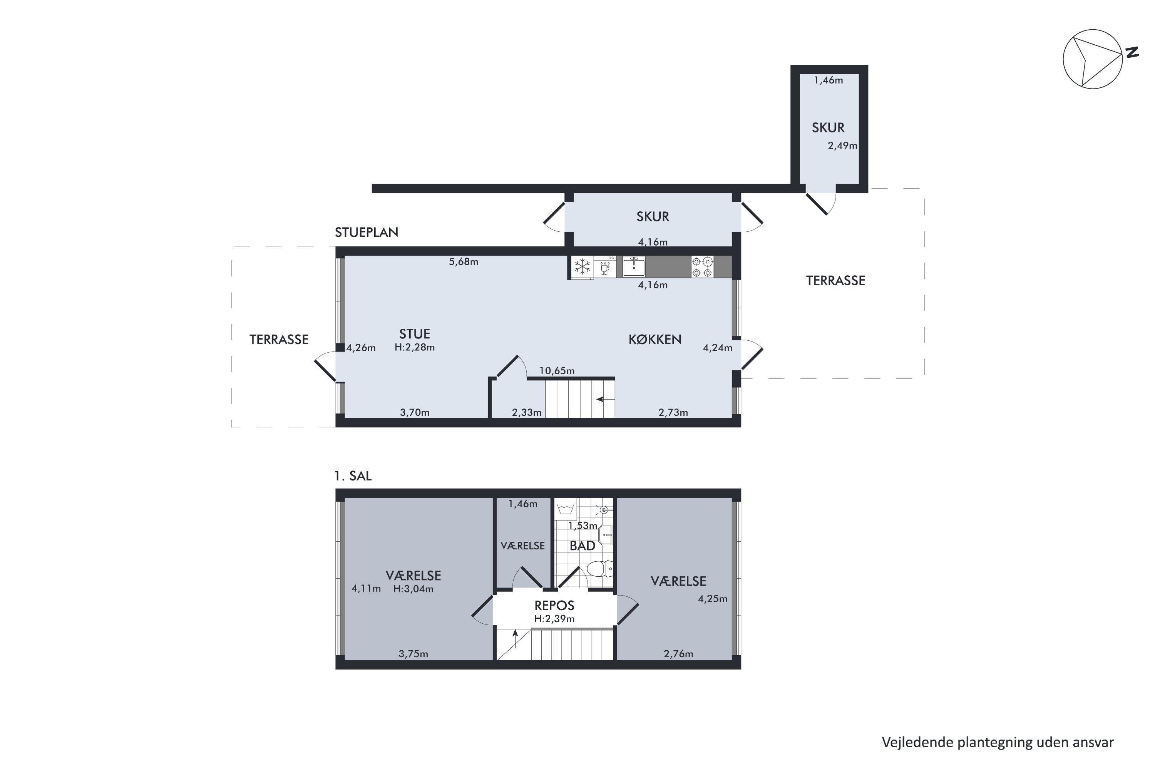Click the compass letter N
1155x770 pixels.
pos(1132,52)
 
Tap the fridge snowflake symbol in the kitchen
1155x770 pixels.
pos(583,267)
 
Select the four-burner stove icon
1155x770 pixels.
pos(702,267)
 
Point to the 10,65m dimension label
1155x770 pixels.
pos(557,371)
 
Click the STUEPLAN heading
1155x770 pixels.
pos(367,232)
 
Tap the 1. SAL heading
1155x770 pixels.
pos(353,476)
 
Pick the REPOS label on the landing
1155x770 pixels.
pos(554,606)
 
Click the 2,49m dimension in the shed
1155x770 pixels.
pos(842,146)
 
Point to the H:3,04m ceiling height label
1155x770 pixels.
pos(413,589)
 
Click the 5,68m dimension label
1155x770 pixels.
pos(463,262)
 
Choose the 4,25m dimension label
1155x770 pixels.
pos(713,599)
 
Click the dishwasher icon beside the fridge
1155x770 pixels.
pos(605,267)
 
